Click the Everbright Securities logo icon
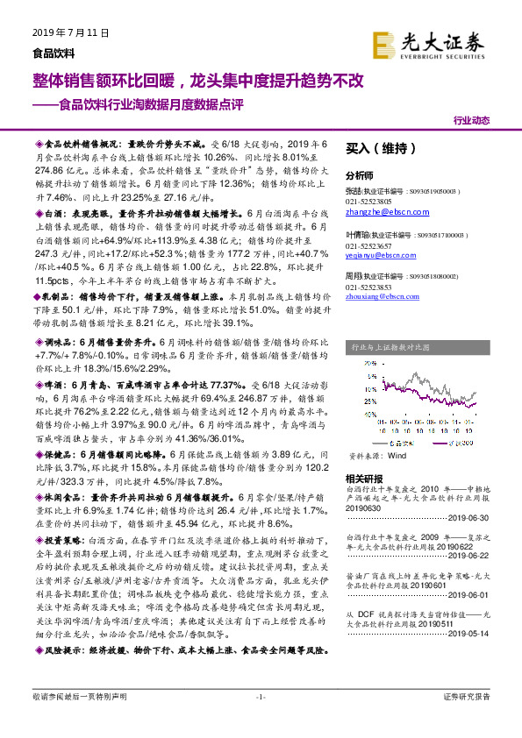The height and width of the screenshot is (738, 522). coord(383,44)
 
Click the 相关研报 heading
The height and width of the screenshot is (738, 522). coord(363,479)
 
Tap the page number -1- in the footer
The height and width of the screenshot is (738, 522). coord(261,720)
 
